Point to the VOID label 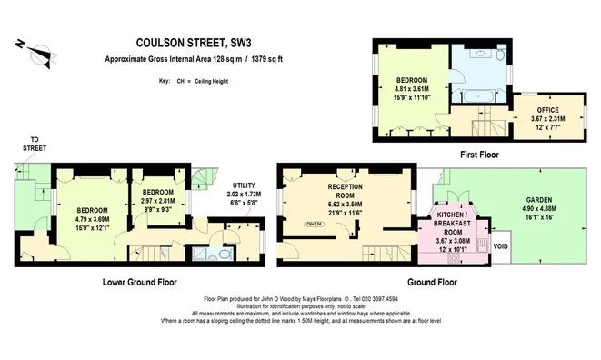499,245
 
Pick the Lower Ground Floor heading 139,282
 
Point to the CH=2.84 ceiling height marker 314,223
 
